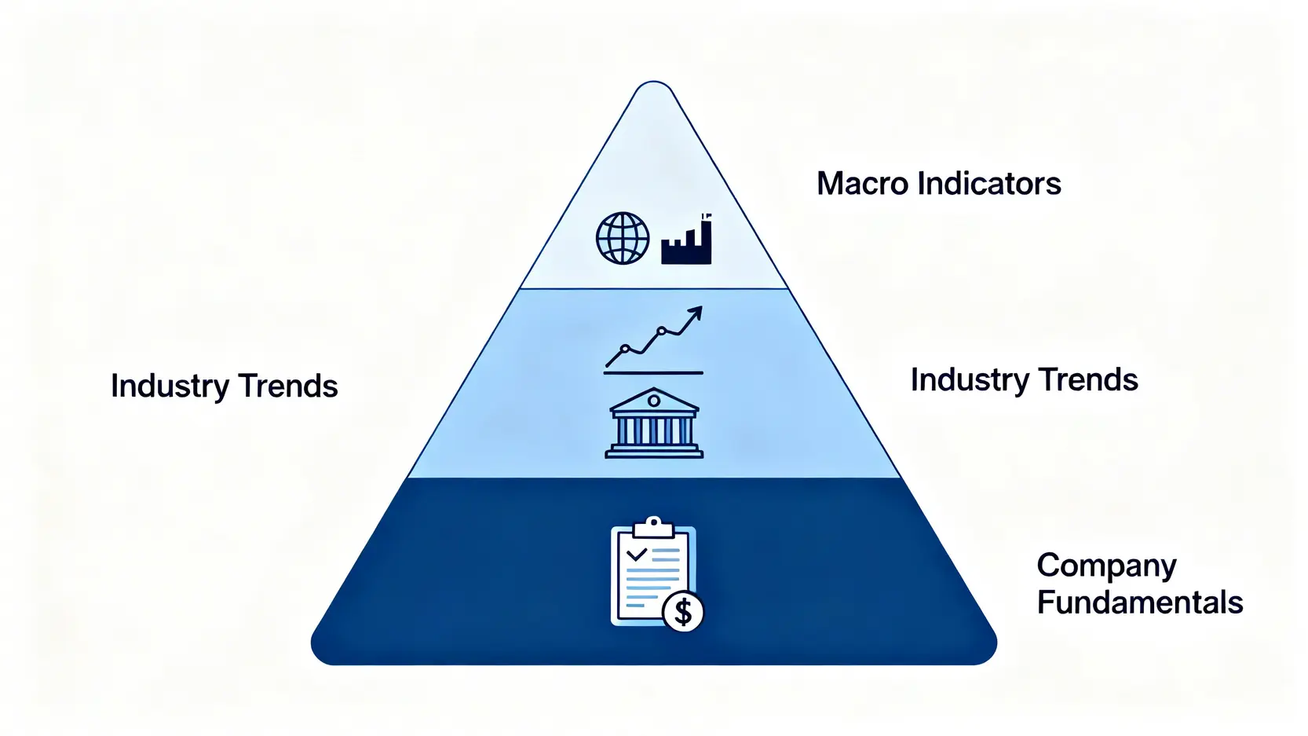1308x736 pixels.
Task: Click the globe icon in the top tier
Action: (x=623, y=238)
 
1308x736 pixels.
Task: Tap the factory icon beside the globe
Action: (x=686, y=244)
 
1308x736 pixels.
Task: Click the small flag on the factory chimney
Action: (x=706, y=214)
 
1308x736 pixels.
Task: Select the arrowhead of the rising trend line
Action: (x=695, y=313)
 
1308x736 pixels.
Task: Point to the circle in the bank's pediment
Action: (x=653, y=401)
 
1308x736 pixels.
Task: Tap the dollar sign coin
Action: (x=683, y=611)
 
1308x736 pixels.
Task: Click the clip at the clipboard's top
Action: (x=653, y=525)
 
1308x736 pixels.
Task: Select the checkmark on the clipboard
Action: (x=636, y=554)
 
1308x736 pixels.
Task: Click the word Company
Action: (x=1106, y=566)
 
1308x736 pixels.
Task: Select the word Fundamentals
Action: (x=1139, y=602)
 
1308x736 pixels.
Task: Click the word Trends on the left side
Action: (x=287, y=386)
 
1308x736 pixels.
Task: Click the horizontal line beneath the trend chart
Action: (x=653, y=372)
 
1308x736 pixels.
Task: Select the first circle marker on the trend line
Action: (x=625, y=348)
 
